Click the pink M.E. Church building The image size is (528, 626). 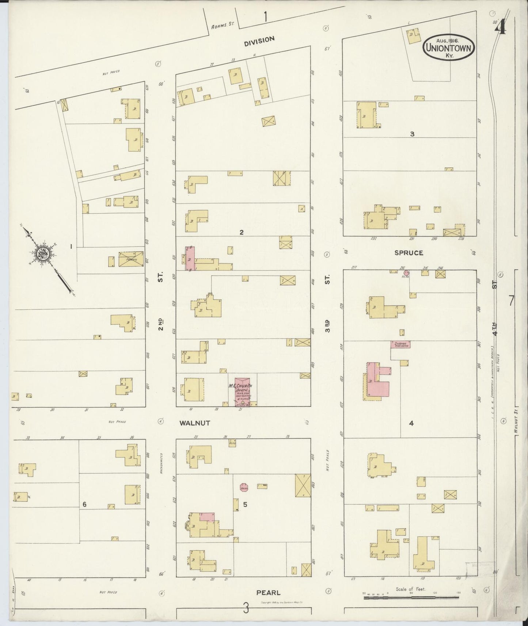click(243, 392)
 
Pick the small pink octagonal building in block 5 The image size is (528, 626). click(244, 487)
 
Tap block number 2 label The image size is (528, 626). click(241, 232)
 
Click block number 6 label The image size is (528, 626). click(84, 505)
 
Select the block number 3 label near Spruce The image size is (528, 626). click(412, 134)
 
